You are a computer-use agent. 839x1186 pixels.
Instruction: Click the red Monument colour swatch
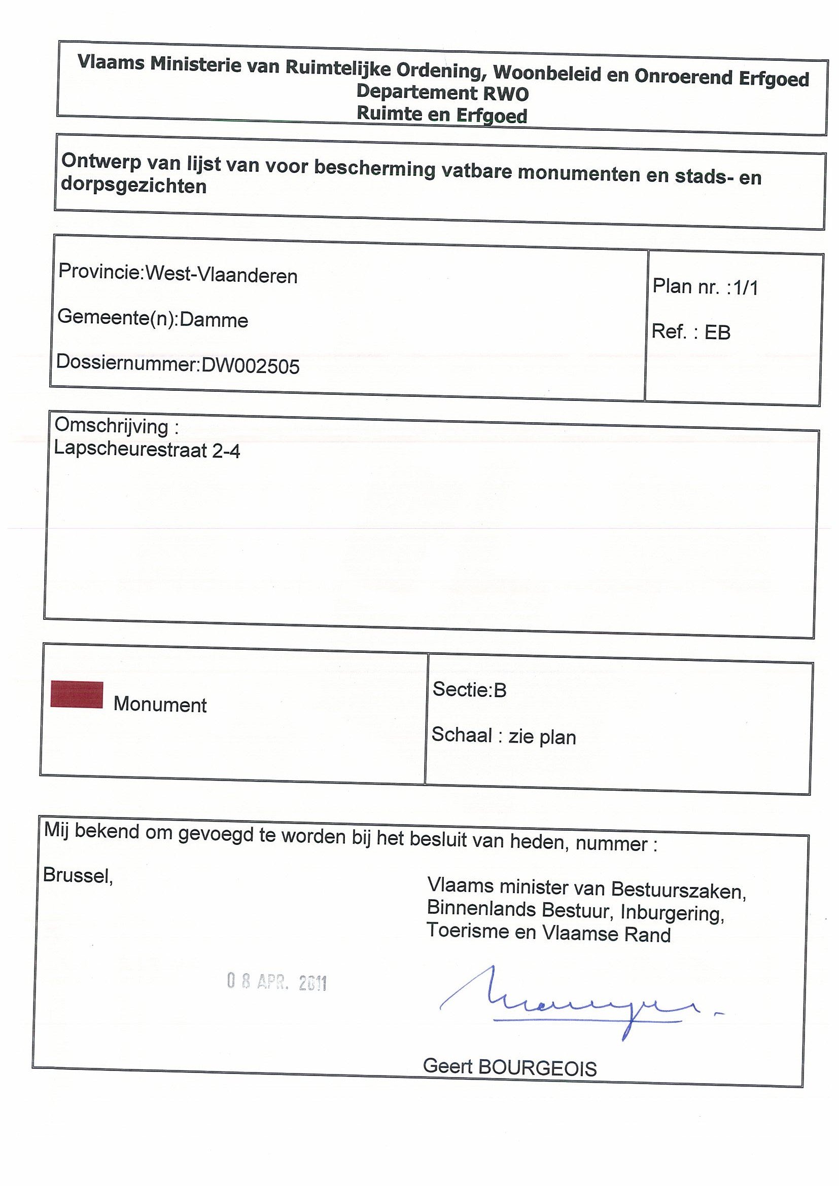click(77, 694)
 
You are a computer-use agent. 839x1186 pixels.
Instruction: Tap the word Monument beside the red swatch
click(160, 705)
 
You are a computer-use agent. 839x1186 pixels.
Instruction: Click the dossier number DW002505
click(250, 366)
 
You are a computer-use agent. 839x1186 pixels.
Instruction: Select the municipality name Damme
click(214, 320)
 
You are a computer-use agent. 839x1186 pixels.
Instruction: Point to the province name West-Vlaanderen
click(221, 276)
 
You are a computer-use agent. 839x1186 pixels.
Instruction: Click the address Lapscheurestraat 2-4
click(147, 451)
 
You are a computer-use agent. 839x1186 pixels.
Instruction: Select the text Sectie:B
click(469, 690)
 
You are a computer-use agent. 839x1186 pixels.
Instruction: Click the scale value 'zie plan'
click(542, 737)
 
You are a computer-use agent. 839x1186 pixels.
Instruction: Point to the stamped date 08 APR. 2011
click(276, 982)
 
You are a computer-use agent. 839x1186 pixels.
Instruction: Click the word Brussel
click(78, 875)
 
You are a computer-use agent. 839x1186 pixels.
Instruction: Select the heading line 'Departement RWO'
click(442, 93)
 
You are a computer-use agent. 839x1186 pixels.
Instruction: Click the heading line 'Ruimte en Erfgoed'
click(442, 115)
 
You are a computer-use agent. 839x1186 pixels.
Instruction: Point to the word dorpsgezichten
click(133, 186)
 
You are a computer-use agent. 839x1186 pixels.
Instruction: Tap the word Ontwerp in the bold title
click(101, 161)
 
